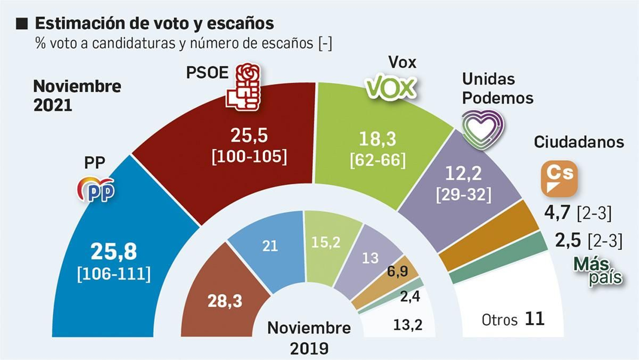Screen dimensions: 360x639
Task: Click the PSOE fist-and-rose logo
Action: point(243,87)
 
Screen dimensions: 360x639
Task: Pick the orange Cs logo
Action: point(559,179)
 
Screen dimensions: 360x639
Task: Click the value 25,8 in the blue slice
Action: point(114,252)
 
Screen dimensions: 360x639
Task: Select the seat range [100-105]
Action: point(249,157)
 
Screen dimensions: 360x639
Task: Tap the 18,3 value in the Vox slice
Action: point(377,139)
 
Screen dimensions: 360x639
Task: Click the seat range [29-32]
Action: point(464,195)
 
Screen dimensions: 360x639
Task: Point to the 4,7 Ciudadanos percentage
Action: point(557,213)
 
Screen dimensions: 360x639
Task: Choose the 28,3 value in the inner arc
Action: point(225,301)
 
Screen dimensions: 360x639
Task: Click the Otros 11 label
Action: point(513,319)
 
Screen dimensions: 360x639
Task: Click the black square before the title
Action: point(22,24)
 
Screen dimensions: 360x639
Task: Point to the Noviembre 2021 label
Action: point(77,95)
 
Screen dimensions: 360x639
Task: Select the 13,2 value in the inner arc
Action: point(408,325)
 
